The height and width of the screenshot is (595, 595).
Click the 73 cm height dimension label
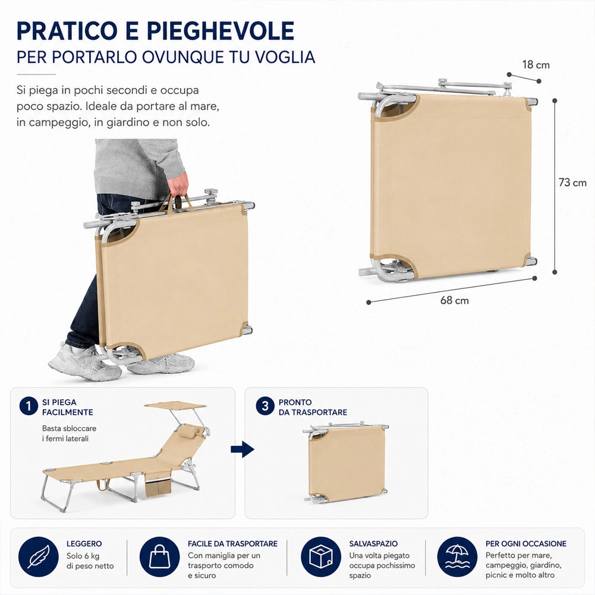(x=572, y=182)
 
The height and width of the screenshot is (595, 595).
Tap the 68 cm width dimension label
(x=454, y=301)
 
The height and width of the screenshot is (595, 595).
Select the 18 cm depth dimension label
(x=536, y=65)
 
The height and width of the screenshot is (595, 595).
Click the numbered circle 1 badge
(x=29, y=406)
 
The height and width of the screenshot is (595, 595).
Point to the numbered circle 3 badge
(x=265, y=406)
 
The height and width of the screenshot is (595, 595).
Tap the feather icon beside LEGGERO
(x=38, y=557)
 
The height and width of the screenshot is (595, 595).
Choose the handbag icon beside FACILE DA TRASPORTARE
(x=159, y=557)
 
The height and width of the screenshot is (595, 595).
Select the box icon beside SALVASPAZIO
(x=321, y=557)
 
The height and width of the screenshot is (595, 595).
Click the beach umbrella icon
(x=457, y=557)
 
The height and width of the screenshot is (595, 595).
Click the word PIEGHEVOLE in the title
(x=221, y=31)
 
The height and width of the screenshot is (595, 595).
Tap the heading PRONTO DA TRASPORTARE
(x=313, y=407)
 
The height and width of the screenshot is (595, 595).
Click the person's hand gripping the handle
(x=178, y=185)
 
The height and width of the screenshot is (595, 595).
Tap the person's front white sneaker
(x=84, y=363)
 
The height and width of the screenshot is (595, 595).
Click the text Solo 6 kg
(x=83, y=556)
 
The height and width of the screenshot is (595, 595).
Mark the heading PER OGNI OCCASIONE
(x=526, y=543)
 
